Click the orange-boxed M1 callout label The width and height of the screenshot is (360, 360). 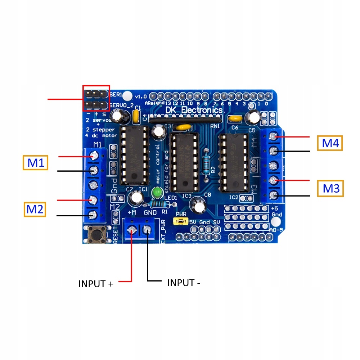pyautogui.click(x=36, y=163)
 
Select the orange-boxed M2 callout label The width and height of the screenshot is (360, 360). pyautogui.click(x=35, y=209)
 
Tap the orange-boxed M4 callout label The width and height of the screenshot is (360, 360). pyautogui.click(x=330, y=143)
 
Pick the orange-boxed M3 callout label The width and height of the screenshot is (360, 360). pyautogui.click(x=330, y=188)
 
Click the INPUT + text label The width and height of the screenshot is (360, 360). pyautogui.click(x=96, y=284)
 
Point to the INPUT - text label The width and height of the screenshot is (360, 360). pyautogui.click(x=184, y=283)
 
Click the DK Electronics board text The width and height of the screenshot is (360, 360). pyautogui.click(x=194, y=110)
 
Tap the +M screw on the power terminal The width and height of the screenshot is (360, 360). pyautogui.click(x=132, y=230)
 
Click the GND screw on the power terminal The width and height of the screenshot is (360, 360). pyautogui.click(x=147, y=230)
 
